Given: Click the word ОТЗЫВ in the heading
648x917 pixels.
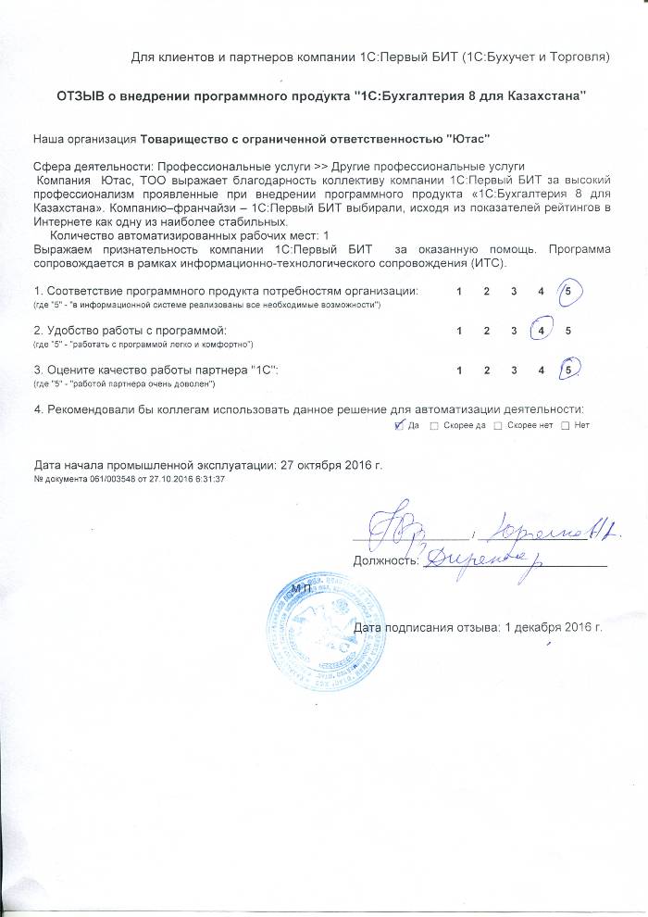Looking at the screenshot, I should point(82,96).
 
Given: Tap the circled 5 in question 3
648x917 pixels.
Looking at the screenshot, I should point(571,370).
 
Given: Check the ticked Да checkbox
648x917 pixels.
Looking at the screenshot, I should point(399,425).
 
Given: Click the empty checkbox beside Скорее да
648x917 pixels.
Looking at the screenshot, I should point(435,425).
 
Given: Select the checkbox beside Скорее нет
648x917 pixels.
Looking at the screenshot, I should point(497,425).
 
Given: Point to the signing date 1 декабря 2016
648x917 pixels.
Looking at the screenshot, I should point(554,627).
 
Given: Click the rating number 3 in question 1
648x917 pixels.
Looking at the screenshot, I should point(514,291).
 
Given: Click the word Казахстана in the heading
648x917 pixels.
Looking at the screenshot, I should point(542,96).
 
